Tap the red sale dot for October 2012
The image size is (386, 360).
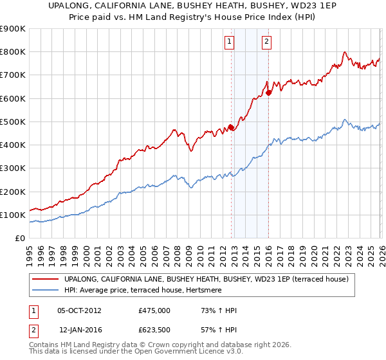[x=231, y=127]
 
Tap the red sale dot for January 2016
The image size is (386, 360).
[x=268, y=93]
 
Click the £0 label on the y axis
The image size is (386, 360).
[x=19, y=239]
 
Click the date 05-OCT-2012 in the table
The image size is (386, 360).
[x=79, y=311]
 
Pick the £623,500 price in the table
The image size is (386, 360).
[x=154, y=329]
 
